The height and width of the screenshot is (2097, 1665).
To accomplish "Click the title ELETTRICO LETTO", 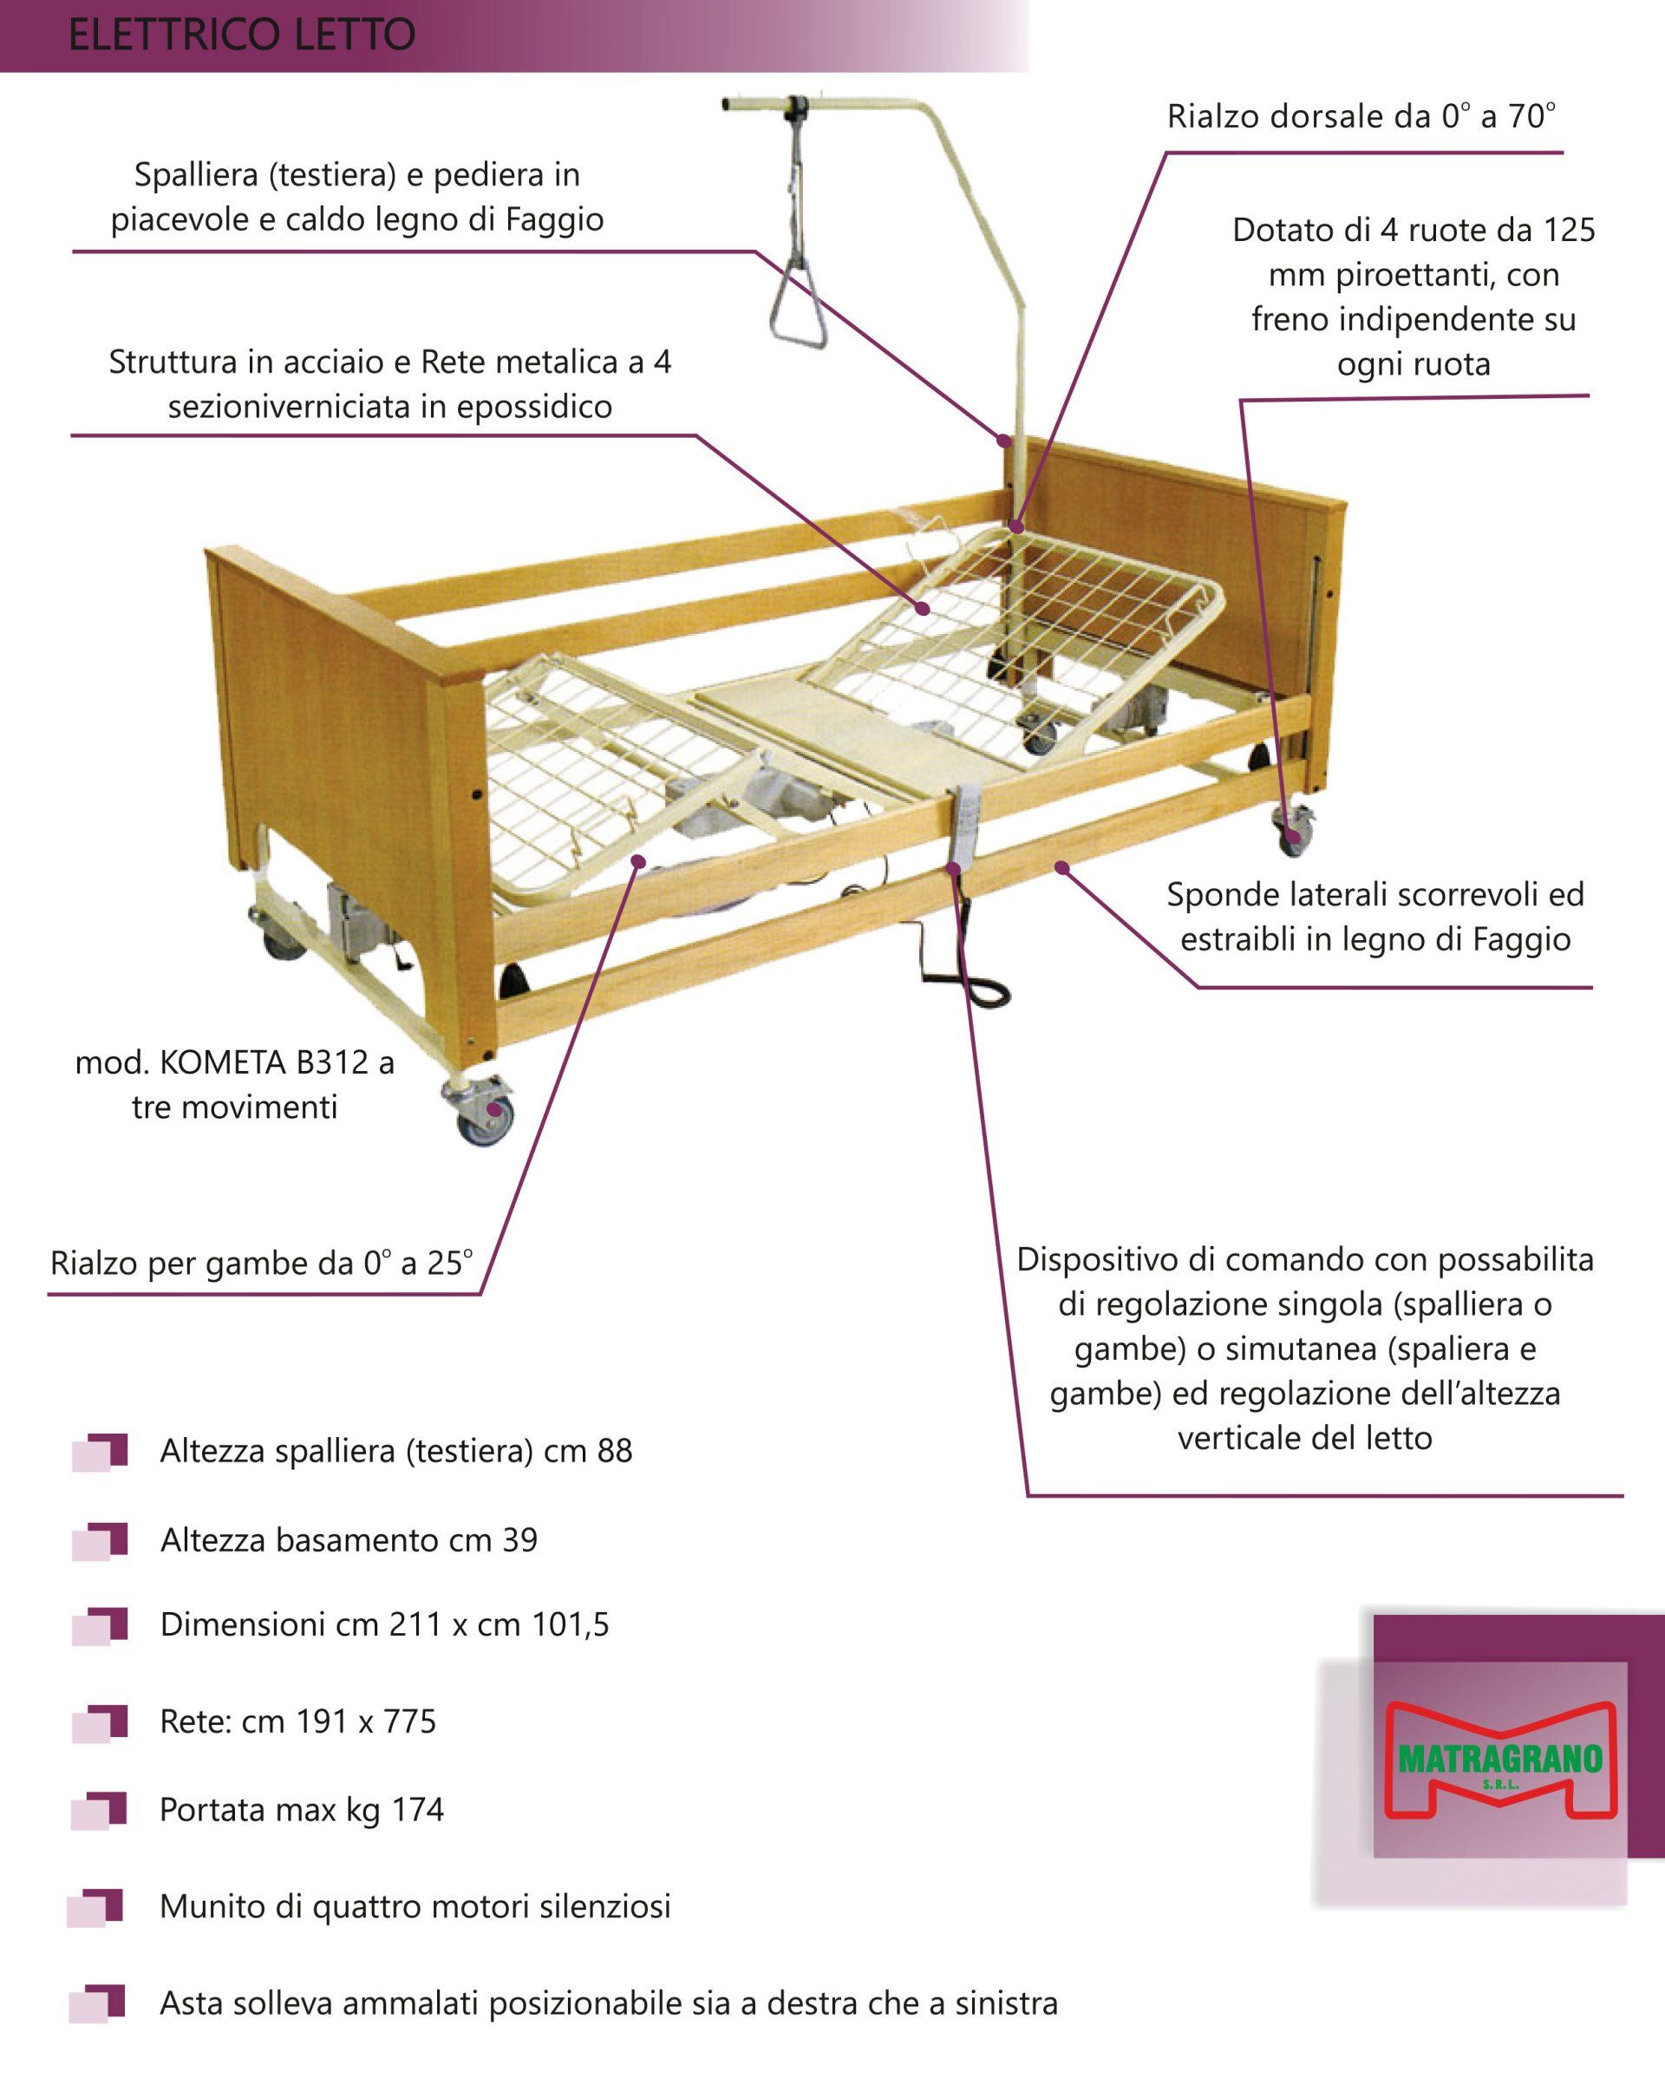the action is (x=242, y=35).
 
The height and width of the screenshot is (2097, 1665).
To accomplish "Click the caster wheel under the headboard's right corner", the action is (x=1294, y=832).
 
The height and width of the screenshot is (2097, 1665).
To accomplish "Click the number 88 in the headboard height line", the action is (x=615, y=1450).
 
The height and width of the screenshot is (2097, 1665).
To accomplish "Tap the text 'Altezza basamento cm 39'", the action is (x=349, y=1539).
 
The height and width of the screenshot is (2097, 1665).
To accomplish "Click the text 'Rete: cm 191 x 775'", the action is (x=297, y=1721).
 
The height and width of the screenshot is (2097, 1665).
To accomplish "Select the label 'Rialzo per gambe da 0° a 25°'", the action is (x=262, y=1264).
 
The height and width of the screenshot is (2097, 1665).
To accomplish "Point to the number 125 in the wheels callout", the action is (x=1569, y=231).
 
